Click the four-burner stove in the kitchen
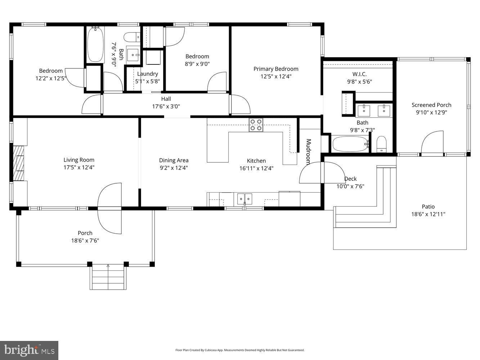[256, 125]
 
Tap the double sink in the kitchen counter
[245, 199]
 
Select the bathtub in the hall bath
[95, 44]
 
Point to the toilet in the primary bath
[382, 144]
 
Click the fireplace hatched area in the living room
[19, 163]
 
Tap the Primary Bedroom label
[276, 69]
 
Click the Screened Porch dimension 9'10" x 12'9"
[431, 112]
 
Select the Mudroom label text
[308, 152]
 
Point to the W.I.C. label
[359, 74]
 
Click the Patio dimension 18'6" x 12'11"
[428, 214]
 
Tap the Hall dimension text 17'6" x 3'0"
[166, 107]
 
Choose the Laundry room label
[147, 74]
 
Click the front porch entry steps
[108, 277]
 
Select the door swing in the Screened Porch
[432, 142]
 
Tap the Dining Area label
[174, 160]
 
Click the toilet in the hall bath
[132, 37]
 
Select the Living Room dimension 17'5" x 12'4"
[79, 167]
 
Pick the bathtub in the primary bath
[350, 144]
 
